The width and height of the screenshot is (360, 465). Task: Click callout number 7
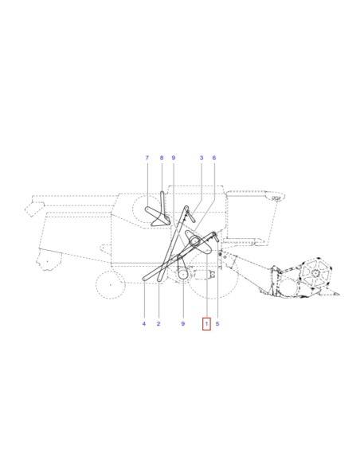pyautogui.click(x=147, y=158)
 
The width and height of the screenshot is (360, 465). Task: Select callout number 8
pyautogui.click(x=162, y=158)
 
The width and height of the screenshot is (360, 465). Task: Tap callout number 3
pyautogui.click(x=202, y=158)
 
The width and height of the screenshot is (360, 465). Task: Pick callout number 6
pyautogui.click(x=214, y=158)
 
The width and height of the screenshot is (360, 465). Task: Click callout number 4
pyautogui.click(x=144, y=323)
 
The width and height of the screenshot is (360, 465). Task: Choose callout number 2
pyautogui.click(x=158, y=323)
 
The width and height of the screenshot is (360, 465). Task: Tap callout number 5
pyautogui.click(x=217, y=323)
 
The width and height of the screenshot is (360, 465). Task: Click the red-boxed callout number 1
pyautogui.click(x=206, y=323)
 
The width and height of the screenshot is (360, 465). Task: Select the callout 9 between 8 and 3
pyautogui.click(x=174, y=158)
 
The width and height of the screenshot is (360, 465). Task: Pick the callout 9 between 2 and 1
pyautogui.click(x=183, y=323)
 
